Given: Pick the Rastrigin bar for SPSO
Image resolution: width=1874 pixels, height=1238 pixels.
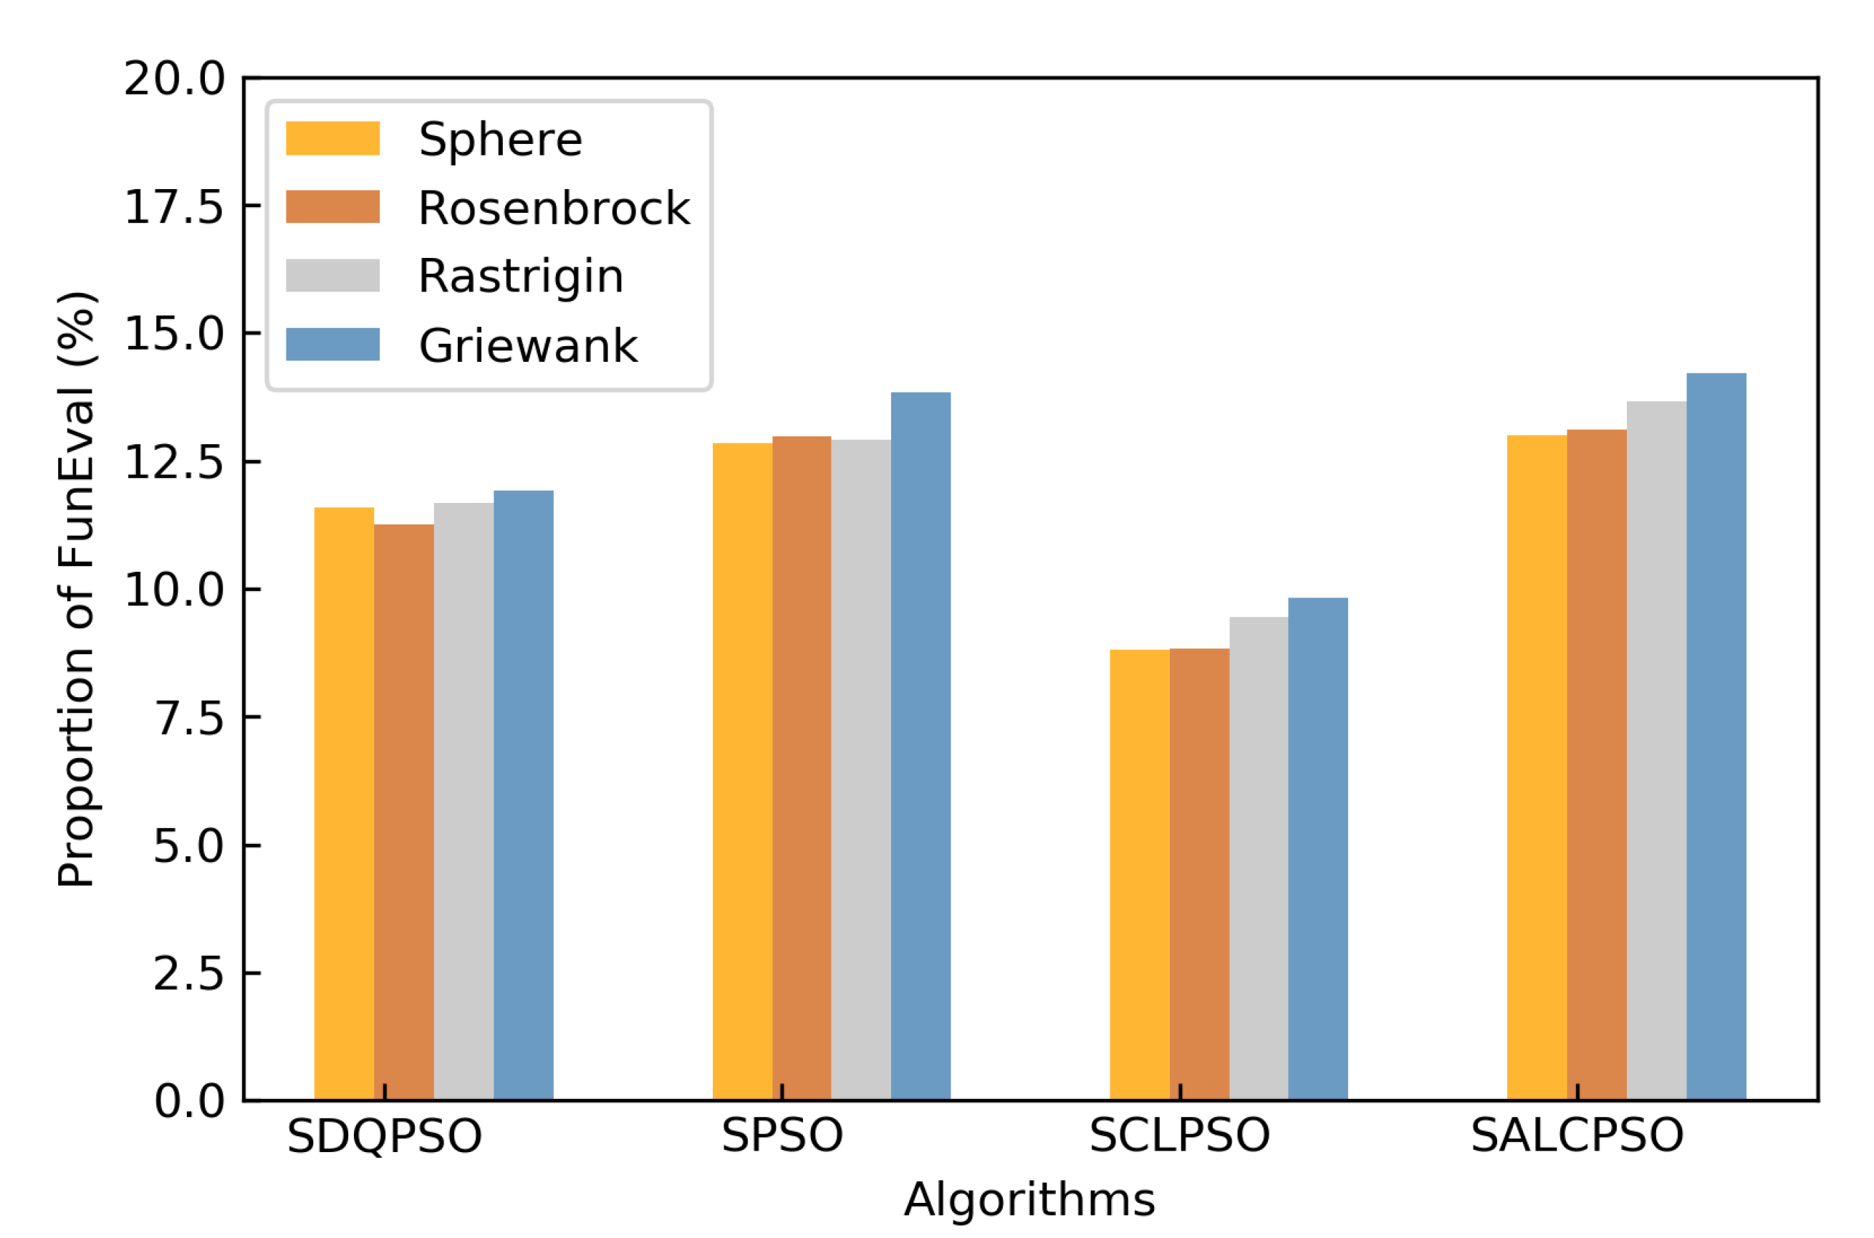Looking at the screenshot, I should [860, 769].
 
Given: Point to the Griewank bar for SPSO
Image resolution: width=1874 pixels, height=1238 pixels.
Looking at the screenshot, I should [921, 746].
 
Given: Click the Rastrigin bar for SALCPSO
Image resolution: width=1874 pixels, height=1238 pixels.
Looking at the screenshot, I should [1656, 751].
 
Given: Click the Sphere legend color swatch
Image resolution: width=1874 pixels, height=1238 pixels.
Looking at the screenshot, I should [332, 138].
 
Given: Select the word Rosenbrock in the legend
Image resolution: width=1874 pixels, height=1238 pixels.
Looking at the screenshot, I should [554, 208].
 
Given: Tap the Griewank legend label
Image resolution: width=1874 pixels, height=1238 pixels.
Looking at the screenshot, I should [527, 346].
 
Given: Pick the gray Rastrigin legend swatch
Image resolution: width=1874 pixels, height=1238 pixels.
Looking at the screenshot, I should [332, 276].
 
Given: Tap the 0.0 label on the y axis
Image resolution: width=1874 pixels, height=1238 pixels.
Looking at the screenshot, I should [188, 1101].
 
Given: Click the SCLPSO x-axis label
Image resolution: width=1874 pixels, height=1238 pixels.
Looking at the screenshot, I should [1179, 1136].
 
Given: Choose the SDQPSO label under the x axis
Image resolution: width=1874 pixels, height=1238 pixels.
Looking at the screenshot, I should [385, 1137].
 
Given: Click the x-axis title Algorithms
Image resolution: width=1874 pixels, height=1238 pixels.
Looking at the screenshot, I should [1029, 1200].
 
